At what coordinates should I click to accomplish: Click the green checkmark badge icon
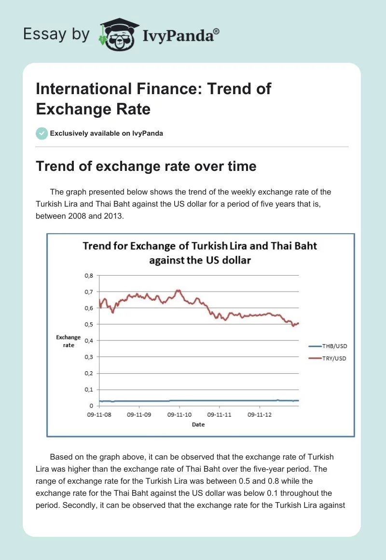41,133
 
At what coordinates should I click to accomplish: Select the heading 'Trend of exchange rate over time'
146,166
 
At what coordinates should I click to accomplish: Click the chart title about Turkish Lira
200,252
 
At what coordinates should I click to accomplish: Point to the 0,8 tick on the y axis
88,276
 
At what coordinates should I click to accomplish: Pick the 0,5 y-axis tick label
88,324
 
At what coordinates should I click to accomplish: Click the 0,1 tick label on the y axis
88,390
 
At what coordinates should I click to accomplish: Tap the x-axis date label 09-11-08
98,414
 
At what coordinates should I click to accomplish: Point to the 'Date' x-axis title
198,424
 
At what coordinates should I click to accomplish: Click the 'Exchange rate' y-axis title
68,341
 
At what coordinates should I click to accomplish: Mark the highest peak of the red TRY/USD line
179,290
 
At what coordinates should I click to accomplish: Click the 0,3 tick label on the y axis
88,357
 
